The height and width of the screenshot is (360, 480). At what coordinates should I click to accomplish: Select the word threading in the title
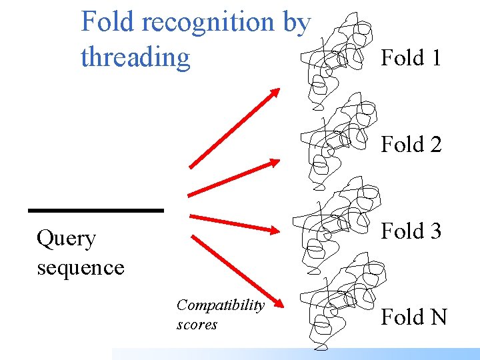[135, 58]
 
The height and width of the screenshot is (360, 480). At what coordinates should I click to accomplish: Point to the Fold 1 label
[411, 58]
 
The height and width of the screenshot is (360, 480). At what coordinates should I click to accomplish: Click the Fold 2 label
[411, 144]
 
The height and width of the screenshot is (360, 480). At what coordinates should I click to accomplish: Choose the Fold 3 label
[411, 231]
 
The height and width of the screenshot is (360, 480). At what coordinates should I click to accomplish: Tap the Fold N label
[413, 317]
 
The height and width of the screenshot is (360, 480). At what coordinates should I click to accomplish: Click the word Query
[67, 239]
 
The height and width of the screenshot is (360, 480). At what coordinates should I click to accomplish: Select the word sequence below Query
[81, 267]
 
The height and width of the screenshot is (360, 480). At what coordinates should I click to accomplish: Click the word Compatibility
[220, 305]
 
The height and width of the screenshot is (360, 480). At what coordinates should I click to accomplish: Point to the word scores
[197, 325]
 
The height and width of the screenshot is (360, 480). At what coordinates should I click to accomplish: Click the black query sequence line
[96, 211]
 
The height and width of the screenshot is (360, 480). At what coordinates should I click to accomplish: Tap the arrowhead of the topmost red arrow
[275, 93]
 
